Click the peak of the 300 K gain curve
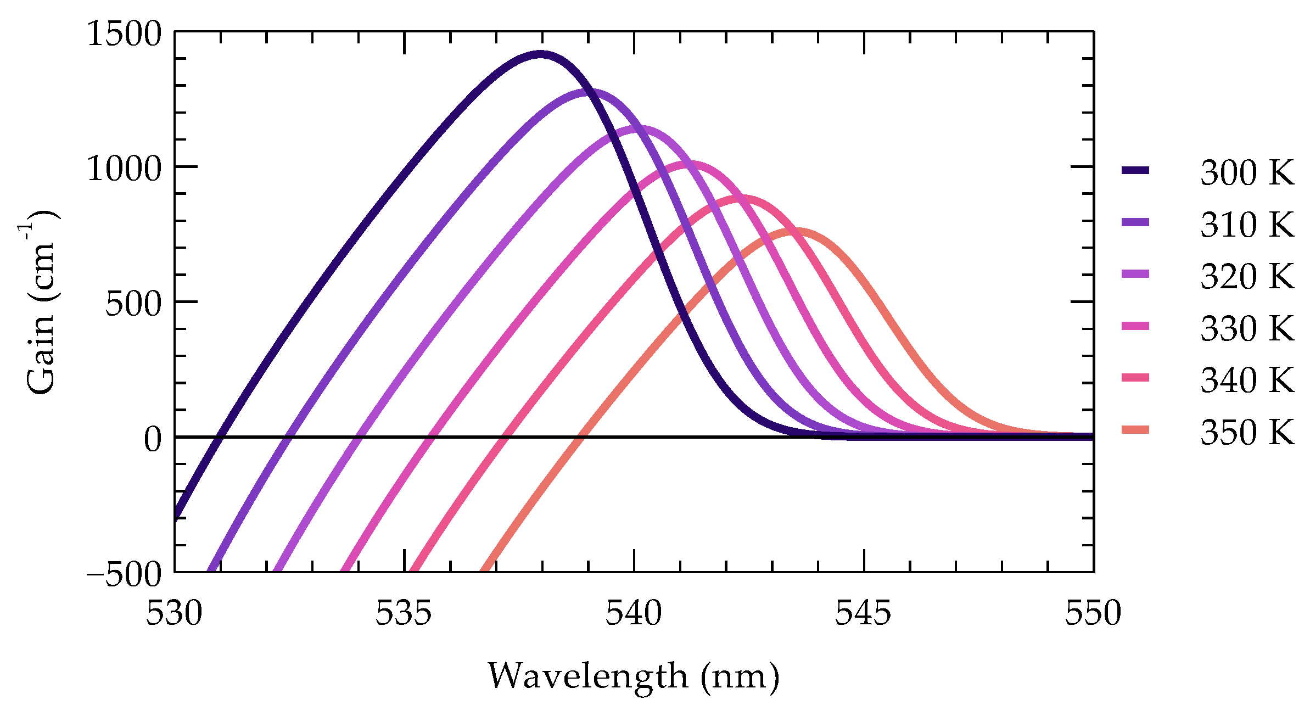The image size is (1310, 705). pos(540,54)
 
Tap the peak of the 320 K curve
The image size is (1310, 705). pos(635,129)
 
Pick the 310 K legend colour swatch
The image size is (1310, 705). pos(1135,222)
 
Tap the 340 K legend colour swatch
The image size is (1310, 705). pos(1135,378)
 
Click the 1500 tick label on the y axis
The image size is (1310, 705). pos(125,34)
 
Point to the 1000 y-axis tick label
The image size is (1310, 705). pos(125,168)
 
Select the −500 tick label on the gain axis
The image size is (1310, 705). pos(125,574)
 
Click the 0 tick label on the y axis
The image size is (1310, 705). pos(153,439)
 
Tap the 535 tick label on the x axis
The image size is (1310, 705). pos(404,613)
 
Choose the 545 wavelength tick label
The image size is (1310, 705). pos(863,613)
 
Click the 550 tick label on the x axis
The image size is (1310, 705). pos(1093,613)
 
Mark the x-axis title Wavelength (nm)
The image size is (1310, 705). pos(634,676)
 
